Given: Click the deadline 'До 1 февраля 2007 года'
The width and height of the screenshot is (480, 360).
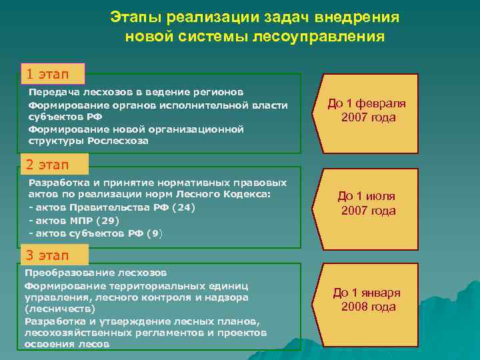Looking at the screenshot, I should point(368,111).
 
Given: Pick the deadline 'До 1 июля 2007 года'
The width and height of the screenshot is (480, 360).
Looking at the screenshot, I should point(368,203).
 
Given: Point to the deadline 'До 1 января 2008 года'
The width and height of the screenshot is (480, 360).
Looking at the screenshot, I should point(368,299).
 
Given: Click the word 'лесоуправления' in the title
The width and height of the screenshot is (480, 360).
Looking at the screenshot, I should point(319,35).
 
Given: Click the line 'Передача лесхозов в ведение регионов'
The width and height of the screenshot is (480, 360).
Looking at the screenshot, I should point(136,91).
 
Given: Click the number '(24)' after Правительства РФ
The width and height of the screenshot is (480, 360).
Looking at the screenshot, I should point(183,207).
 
